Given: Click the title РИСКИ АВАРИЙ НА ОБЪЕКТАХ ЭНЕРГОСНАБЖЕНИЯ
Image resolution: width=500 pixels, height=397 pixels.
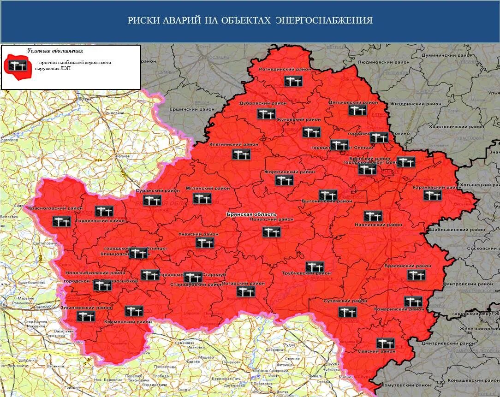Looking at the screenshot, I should point(250,21).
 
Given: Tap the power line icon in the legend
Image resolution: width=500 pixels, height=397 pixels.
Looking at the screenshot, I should point(17,65).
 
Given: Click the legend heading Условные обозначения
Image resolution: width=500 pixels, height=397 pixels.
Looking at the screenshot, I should point(55,51).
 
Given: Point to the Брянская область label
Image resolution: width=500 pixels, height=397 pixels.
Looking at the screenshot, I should point(251,214).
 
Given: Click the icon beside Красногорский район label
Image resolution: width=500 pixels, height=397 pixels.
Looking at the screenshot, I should point(62,221).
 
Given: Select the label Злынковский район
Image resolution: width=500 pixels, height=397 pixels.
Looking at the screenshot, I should point(86,307).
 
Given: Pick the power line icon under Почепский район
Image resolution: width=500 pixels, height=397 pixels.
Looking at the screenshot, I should point(271,232).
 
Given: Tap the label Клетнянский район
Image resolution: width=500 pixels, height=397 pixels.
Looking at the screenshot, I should point(234,144).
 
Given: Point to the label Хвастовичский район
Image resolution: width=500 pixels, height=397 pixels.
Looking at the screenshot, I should point(456,126).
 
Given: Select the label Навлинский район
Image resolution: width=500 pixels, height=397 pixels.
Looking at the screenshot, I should point(378,225).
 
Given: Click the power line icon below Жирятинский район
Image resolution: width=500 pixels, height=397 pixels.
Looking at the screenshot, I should point(284,180).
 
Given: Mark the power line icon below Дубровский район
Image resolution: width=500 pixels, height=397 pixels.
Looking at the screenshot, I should point(266,114).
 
